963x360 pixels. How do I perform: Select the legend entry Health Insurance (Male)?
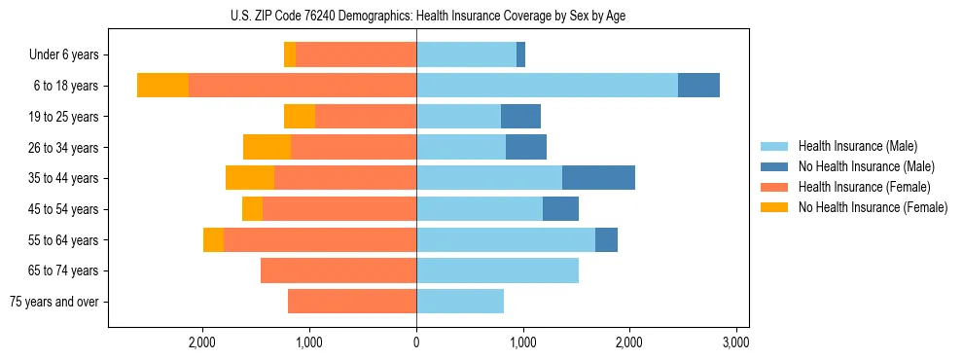click(857, 146)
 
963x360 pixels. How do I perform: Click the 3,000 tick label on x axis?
click(736, 342)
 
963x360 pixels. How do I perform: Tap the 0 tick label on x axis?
click(416, 342)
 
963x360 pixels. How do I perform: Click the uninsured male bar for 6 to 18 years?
click(698, 86)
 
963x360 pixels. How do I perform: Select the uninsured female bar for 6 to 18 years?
click(162, 86)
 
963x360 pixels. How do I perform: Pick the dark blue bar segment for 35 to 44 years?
click(598, 178)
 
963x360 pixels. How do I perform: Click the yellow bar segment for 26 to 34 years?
click(267, 147)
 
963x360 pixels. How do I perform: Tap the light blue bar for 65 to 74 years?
click(497, 270)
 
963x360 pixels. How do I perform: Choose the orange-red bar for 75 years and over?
click(352, 302)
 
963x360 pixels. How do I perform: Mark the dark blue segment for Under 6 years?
click(520, 55)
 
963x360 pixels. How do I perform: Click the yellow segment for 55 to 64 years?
click(213, 239)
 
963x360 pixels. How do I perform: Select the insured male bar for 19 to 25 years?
click(458, 117)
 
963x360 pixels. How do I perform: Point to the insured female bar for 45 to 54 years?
click(339, 209)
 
